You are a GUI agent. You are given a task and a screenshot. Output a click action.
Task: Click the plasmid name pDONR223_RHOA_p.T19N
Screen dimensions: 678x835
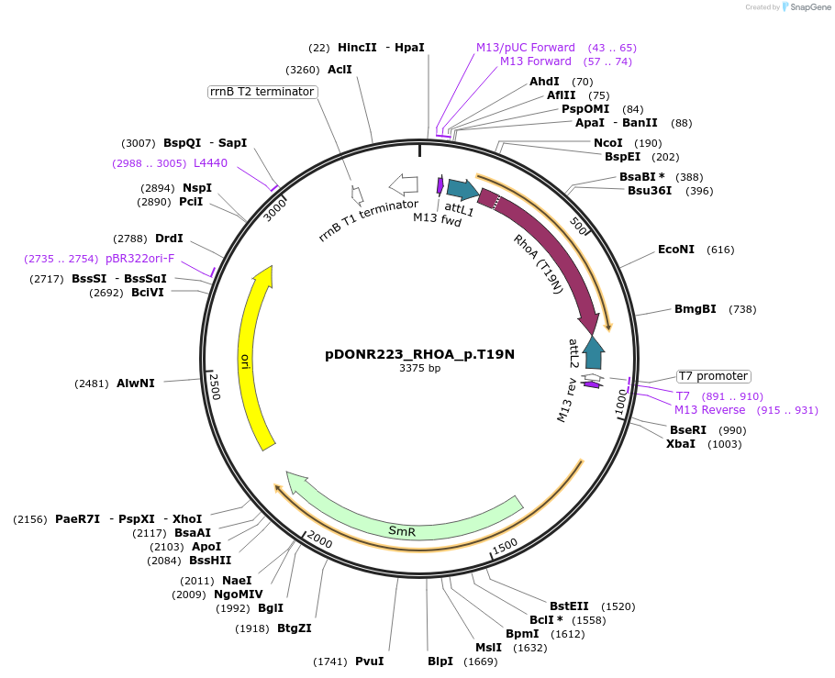pyautogui.click(x=419, y=354)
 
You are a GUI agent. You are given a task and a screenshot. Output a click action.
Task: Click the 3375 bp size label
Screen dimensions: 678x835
pyautogui.click(x=419, y=369)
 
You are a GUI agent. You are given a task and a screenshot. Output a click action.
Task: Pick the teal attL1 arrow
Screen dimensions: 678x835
pyautogui.click(x=462, y=190)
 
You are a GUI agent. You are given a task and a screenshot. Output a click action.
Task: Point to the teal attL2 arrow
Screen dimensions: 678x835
pyautogui.click(x=594, y=353)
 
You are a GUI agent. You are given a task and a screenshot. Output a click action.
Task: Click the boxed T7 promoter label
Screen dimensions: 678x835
pyautogui.click(x=713, y=376)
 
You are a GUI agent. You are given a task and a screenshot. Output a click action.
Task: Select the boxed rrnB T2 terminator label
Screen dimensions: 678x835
pyautogui.click(x=262, y=92)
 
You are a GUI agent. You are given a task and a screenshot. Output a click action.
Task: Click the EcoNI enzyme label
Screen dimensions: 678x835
pyautogui.click(x=676, y=250)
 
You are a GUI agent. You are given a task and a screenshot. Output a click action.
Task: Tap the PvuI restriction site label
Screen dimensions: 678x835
pyautogui.click(x=369, y=661)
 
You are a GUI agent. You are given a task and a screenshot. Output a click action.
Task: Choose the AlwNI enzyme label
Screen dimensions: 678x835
pyautogui.click(x=135, y=383)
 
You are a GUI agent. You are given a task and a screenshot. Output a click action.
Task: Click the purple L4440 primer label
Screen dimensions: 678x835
pyautogui.click(x=210, y=162)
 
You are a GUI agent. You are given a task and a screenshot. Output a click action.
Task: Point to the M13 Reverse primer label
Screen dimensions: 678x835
pyautogui.click(x=709, y=410)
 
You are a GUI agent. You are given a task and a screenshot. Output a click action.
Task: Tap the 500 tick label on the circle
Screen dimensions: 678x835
pyautogui.click(x=579, y=225)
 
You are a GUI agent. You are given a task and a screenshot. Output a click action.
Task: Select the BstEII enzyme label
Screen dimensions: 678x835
pyautogui.click(x=569, y=606)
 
